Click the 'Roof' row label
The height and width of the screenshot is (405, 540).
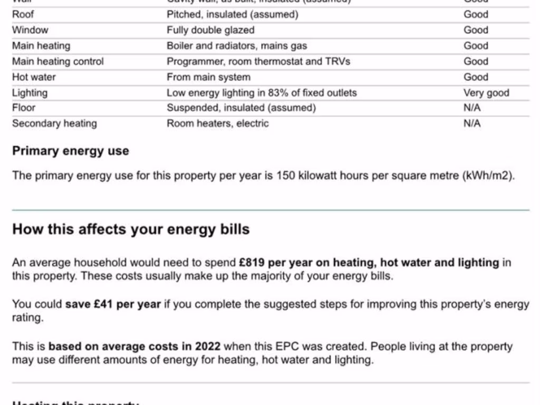point(23,14)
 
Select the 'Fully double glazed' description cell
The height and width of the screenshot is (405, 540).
point(210,30)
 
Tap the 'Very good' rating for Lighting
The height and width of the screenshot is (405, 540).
point(486,93)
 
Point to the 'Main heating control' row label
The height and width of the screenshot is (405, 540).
point(58,61)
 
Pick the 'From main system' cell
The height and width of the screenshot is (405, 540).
point(208,77)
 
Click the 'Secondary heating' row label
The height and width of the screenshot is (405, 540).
point(54,123)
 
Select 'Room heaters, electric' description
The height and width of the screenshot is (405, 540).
point(218,123)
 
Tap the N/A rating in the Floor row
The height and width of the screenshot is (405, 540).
point(472,108)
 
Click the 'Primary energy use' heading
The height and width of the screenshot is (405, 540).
point(71,151)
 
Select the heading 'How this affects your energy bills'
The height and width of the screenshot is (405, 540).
point(131,229)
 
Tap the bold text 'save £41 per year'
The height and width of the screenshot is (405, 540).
point(113,304)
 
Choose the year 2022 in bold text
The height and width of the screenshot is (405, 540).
point(208,346)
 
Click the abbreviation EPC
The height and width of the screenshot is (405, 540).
point(288,346)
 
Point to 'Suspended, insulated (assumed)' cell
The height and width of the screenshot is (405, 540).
point(242,108)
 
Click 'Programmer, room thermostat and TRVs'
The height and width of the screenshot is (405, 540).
point(258,61)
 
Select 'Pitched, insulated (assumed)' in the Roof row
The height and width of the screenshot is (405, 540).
point(233,14)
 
